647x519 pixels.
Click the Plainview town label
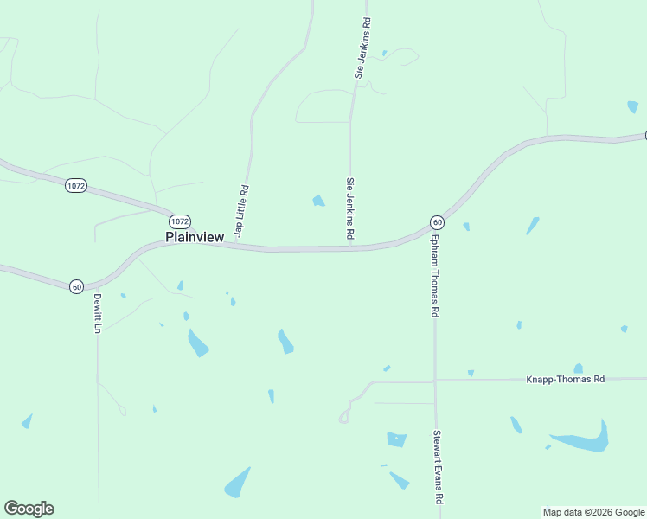click(x=195, y=237)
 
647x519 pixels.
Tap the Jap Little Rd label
click(x=243, y=211)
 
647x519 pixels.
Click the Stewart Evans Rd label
click(x=439, y=468)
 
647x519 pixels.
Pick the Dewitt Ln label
click(x=98, y=313)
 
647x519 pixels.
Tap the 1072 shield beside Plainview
click(x=179, y=221)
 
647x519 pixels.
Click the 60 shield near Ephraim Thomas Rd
click(x=437, y=222)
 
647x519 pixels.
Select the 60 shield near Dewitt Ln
click(x=76, y=286)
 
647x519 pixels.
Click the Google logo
click(x=29, y=509)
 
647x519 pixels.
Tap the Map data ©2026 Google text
click(x=594, y=512)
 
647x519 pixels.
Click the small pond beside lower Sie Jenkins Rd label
click(x=318, y=202)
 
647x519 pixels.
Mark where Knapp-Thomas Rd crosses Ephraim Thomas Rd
click(x=435, y=380)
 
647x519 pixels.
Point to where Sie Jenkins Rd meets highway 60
click(x=350, y=248)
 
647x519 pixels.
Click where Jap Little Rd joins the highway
click(x=236, y=245)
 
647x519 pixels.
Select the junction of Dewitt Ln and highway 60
click(x=98, y=282)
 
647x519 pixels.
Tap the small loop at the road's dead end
click(x=343, y=418)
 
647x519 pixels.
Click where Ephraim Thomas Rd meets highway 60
click(x=432, y=227)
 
